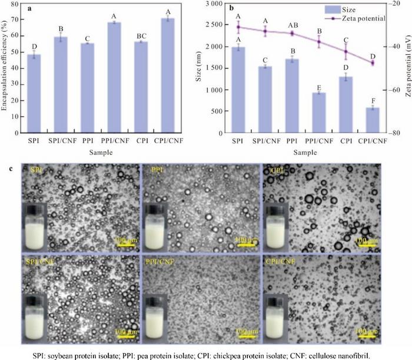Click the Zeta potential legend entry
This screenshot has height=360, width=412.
coord(364,19)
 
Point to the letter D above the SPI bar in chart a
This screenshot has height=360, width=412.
coord(34,46)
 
